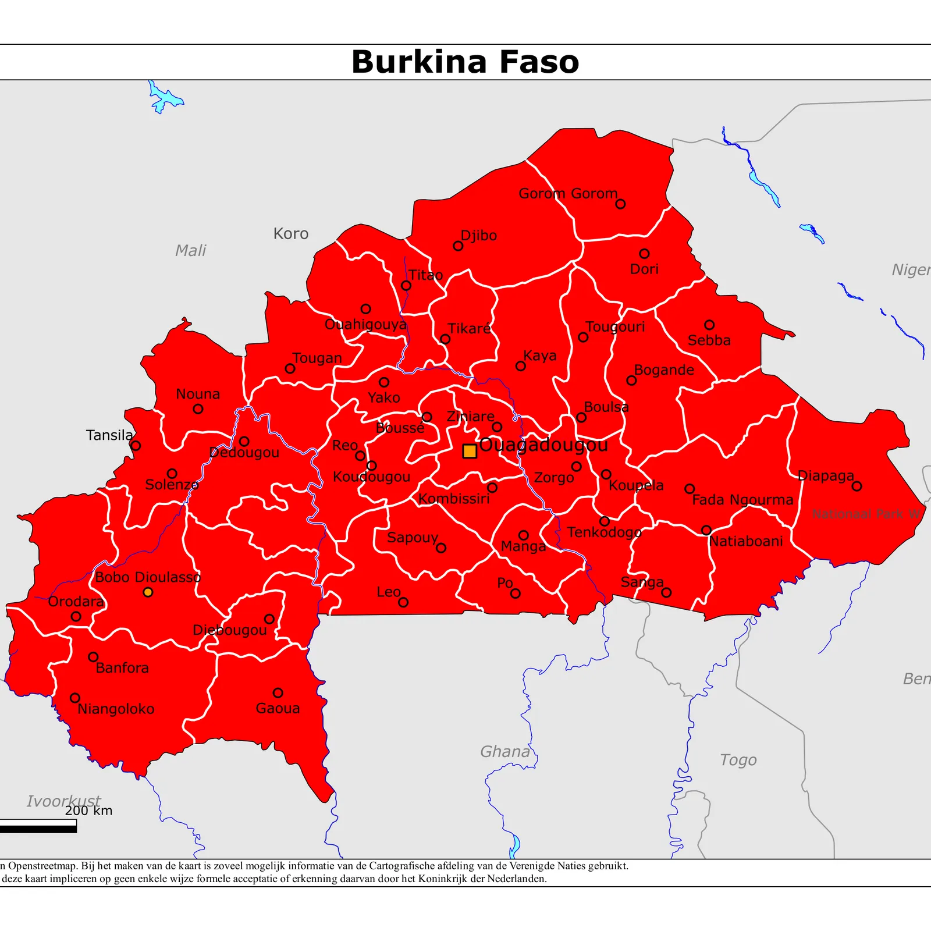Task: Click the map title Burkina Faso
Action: tap(465, 62)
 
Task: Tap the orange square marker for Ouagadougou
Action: tap(470, 451)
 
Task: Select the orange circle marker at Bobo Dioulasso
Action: tap(148, 592)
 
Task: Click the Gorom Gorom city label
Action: tap(567, 193)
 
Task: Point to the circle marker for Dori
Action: tap(644, 254)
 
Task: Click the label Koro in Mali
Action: tap(291, 234)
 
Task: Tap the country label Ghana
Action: tap(504, 752)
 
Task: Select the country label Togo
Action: tap(738, 760)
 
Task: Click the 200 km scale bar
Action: tap(38, 826)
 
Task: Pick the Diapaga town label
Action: tap(825, 475)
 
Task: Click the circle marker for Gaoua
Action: tap(278, 693)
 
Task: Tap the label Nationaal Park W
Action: tap(866, 514)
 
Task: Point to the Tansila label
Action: tap(109, 435)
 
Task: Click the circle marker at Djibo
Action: tap(458, 246)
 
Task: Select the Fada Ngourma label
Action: tap(742, 500)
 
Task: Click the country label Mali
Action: tap(191, 251)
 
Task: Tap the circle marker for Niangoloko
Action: tap(75, 698)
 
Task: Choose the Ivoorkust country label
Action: tap(63, 801)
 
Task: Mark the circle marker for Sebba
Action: tap(709, 325)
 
